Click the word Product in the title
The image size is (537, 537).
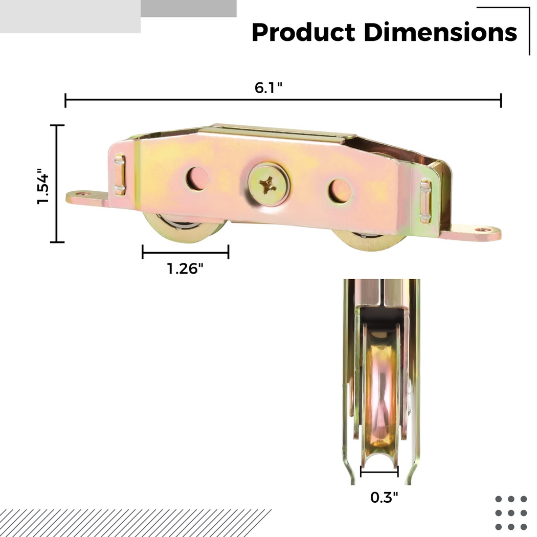pyautogui.click(x=303, y=33)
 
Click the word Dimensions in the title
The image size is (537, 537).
pyautogui.click(x=440, y=32)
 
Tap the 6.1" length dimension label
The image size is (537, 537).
pyautogui.click(x=268, y=87)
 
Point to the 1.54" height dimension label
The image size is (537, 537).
pyautogui.click(x=43, y=186)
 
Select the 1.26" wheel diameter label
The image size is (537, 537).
pyautogui.click(x=185, y=268)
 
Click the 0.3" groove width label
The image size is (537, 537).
pyautogui.click(x=384, y=497)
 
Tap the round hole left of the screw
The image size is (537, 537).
pyautogui.click(x=197, y=178)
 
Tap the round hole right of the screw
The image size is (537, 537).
pyautogui.click(x=340, y=191)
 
